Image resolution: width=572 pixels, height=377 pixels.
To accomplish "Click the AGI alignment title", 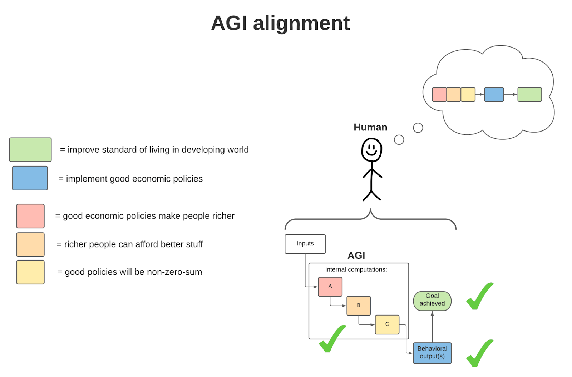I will coord(280,23).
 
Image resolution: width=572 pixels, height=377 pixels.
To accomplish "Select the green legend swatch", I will coord(30,149).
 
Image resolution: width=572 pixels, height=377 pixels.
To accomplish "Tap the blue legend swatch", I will coord(30,178).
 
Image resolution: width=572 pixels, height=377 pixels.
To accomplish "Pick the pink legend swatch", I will coord(30,216).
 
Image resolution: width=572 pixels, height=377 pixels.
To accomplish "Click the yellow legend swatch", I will coord(30,272).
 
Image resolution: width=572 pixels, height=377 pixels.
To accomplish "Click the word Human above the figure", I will coord(370,127).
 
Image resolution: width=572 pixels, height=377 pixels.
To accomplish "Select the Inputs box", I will coord(305,244).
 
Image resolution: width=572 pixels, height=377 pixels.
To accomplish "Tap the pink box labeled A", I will coord(330,287).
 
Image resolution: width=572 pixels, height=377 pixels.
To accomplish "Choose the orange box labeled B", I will coord(359,306).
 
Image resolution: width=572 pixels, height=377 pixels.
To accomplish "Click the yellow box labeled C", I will coord(387,324).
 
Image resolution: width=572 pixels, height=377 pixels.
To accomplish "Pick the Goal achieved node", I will coord(432,301).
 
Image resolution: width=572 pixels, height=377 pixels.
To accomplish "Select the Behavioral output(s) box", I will coord(432,353).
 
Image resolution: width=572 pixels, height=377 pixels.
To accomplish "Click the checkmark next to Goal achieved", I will coord(479,297).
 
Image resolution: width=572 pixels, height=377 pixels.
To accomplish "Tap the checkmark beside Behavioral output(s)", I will coord(479,353).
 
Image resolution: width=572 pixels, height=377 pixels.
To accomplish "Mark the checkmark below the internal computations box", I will coord(332,339).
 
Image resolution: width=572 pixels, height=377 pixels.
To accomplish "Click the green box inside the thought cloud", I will coord(529,94).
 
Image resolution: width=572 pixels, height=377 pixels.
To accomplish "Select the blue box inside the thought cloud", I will coord(494,94).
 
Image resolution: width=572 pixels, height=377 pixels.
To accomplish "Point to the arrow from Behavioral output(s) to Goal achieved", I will coord(432,327).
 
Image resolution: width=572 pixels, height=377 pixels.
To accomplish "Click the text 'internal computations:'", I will coord(356,269).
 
